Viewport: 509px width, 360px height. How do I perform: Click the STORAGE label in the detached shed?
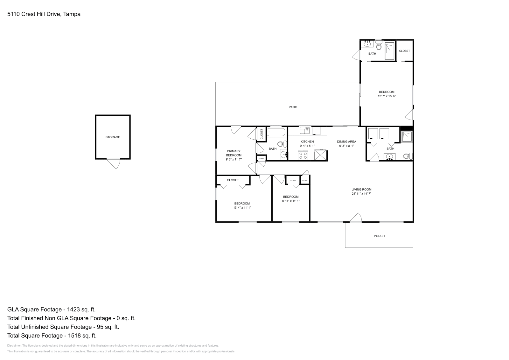tap(113, 137)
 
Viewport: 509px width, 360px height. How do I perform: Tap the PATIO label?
tap(293, 107)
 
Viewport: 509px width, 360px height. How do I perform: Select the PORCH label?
tap(379, 236)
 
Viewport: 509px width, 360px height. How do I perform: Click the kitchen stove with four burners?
tap(303, 156)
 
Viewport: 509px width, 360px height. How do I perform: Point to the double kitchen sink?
tap(304, 130)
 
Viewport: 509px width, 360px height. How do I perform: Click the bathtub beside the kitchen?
tap(276, 132)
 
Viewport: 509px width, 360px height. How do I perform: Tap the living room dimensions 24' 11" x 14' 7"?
tap(361, 194)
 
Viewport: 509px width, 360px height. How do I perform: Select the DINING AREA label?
tap(346, 142)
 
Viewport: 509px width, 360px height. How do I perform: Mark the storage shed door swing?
tap(114, 163)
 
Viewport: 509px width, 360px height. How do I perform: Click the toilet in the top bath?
tap(378, 47)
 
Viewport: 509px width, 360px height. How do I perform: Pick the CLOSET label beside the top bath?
tap(404, 51)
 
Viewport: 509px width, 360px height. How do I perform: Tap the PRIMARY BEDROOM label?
tap(234, 153)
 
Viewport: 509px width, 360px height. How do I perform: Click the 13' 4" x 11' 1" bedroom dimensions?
tap(242, 208)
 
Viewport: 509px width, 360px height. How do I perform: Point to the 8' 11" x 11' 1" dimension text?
tap(291, 201)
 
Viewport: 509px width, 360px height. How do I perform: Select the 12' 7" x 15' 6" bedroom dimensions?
tap(387, 96)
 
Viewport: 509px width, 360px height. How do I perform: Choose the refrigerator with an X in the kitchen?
tap(320, 155)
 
